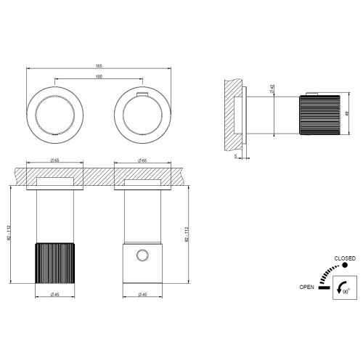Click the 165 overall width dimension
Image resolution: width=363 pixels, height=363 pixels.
(98, 67)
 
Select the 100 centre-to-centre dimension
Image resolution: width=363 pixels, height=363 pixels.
(98, 76)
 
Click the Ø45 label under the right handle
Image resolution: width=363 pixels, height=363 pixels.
(143, 293)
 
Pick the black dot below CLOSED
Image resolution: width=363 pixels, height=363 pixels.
(345, 266)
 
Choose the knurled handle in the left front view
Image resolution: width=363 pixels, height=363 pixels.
(54, 264)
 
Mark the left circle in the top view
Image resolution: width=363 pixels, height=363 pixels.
(55, 113)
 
